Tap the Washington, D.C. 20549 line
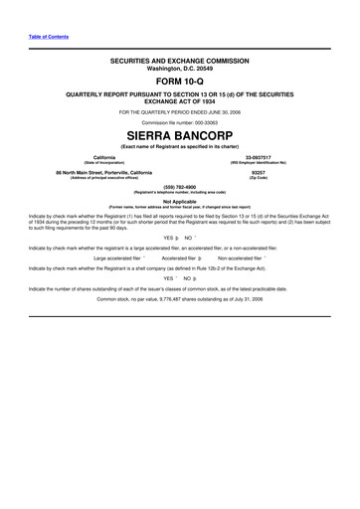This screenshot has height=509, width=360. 180,68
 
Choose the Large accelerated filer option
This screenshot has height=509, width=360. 115,256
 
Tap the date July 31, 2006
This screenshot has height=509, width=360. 247,298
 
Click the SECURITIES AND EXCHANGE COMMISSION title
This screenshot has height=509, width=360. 180,61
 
